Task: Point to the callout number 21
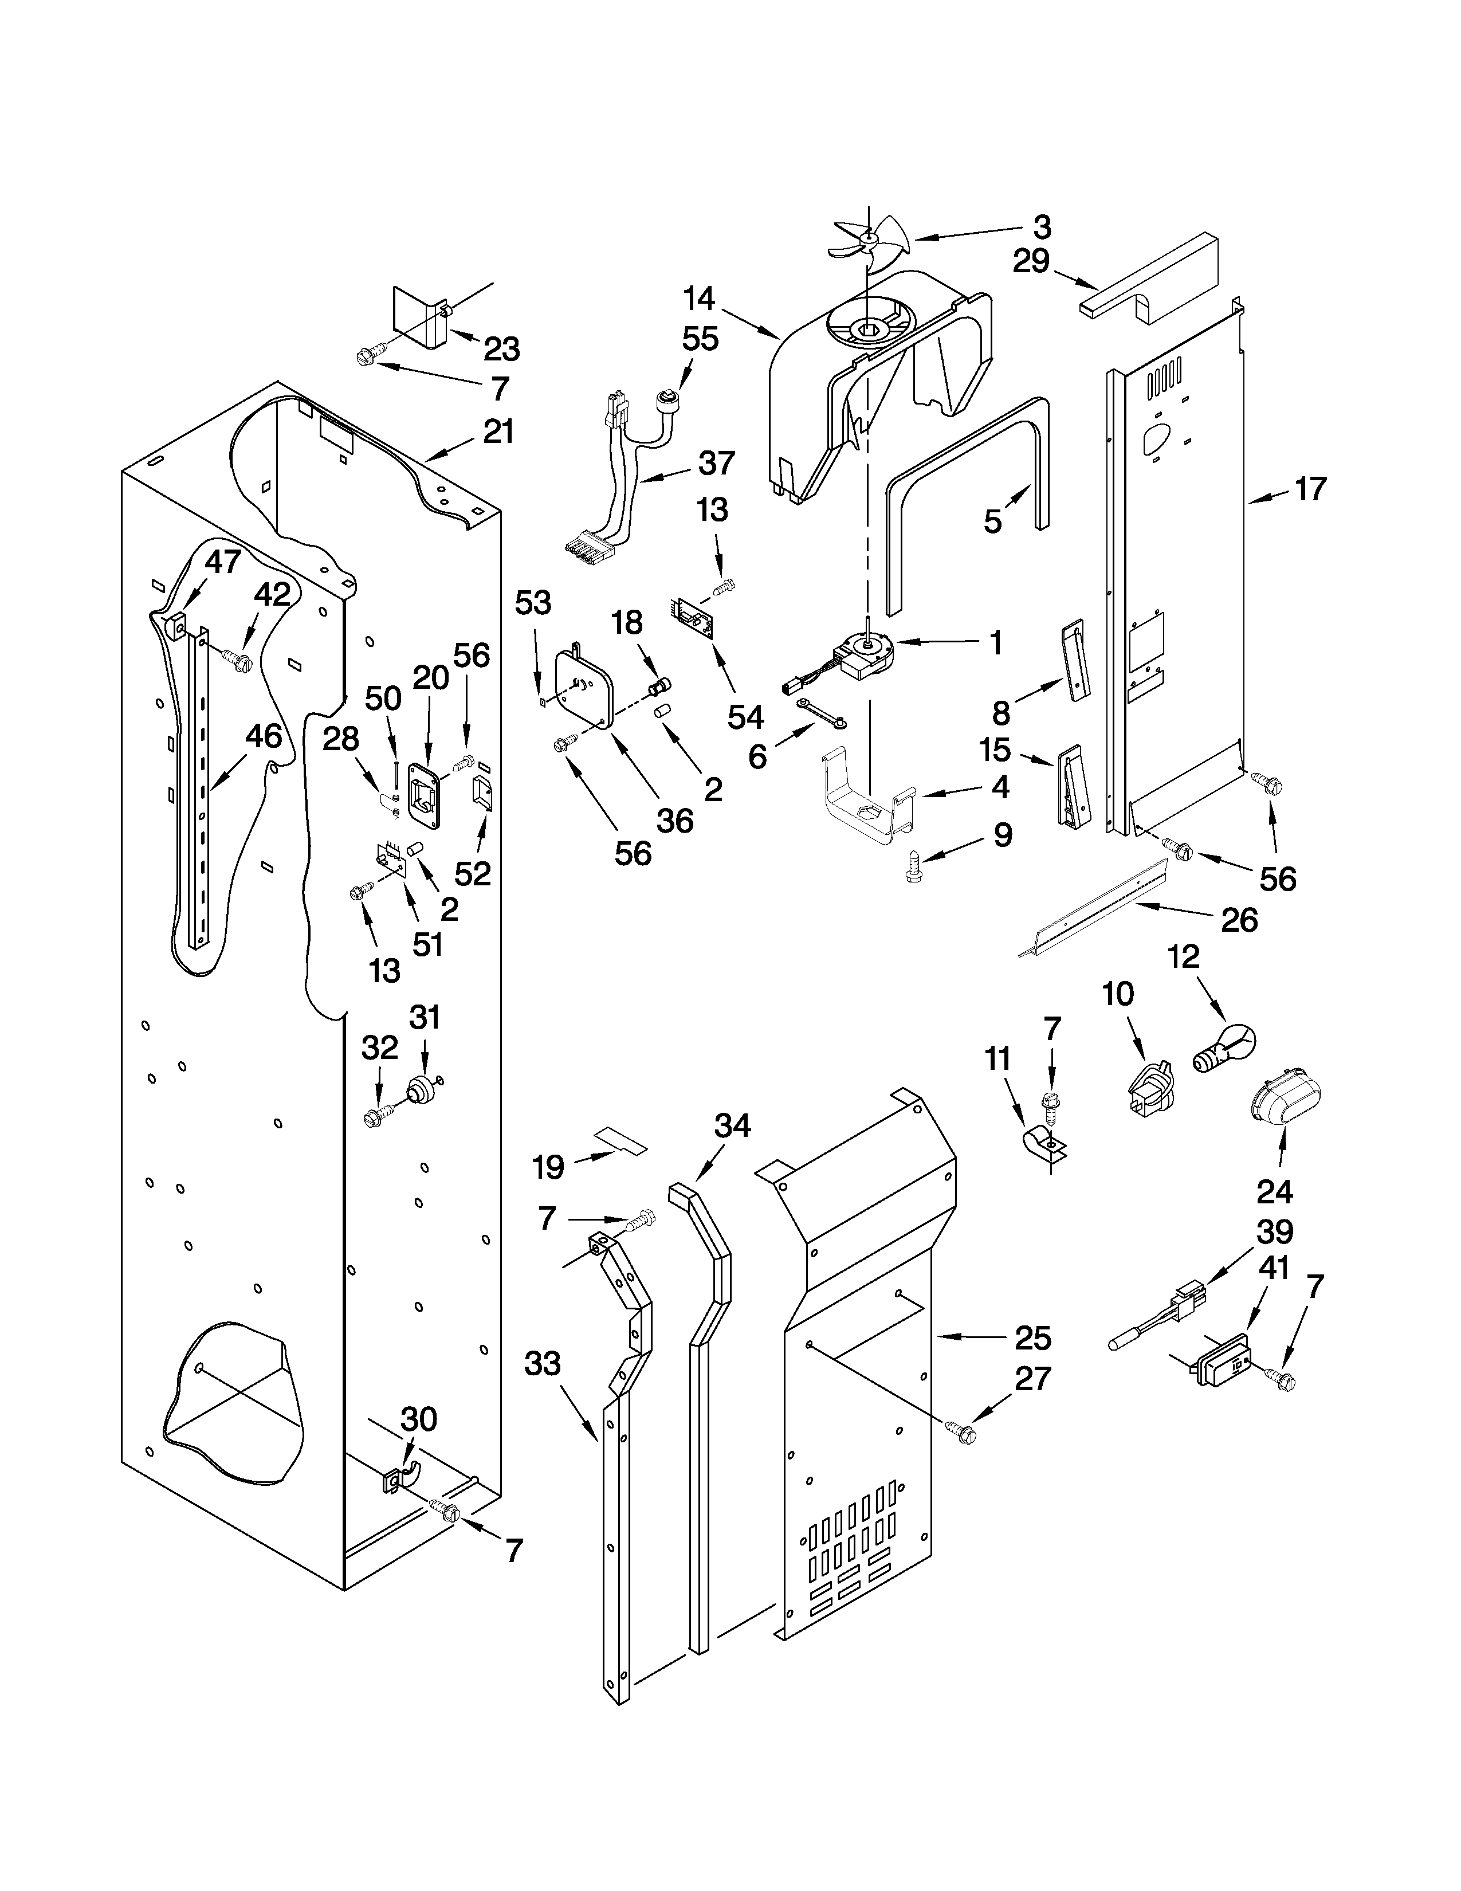[x=498, y=431]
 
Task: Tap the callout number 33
[x=543, y=1364]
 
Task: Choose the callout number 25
[x=1032, y=1339]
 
